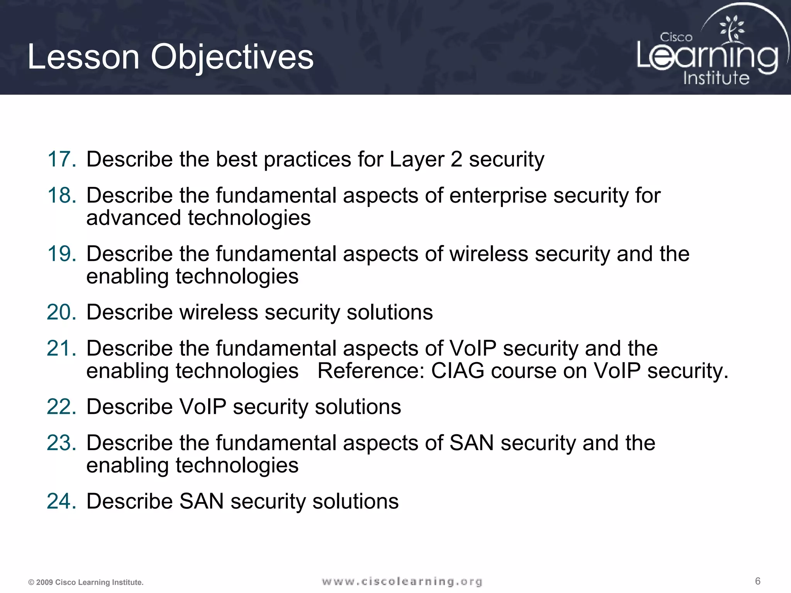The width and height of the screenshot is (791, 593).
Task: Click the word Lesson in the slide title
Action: (x=83, y=57)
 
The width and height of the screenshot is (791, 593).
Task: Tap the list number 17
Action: (x=61, y=159)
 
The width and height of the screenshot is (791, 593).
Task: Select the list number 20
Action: (x=61, y=312)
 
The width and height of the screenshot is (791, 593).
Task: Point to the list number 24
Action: (x=61, y=501)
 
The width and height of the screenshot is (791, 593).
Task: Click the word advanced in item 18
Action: (x=134, y=218)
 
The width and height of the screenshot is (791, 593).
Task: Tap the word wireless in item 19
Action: (x=489, y=254)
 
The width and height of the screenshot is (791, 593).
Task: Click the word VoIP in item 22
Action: (x=202, y=407)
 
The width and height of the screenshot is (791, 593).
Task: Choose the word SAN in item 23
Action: (x=472, y=443)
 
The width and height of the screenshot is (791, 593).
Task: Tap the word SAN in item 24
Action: (x=201, y=501)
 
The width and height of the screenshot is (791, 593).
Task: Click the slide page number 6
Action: (x=757, y=581)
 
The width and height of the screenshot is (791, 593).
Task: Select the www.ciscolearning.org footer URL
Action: (x=402, y=581)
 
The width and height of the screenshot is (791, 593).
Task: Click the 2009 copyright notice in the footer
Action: (x=86, y=582)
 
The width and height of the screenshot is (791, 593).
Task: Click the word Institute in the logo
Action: (x=716, y=78)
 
